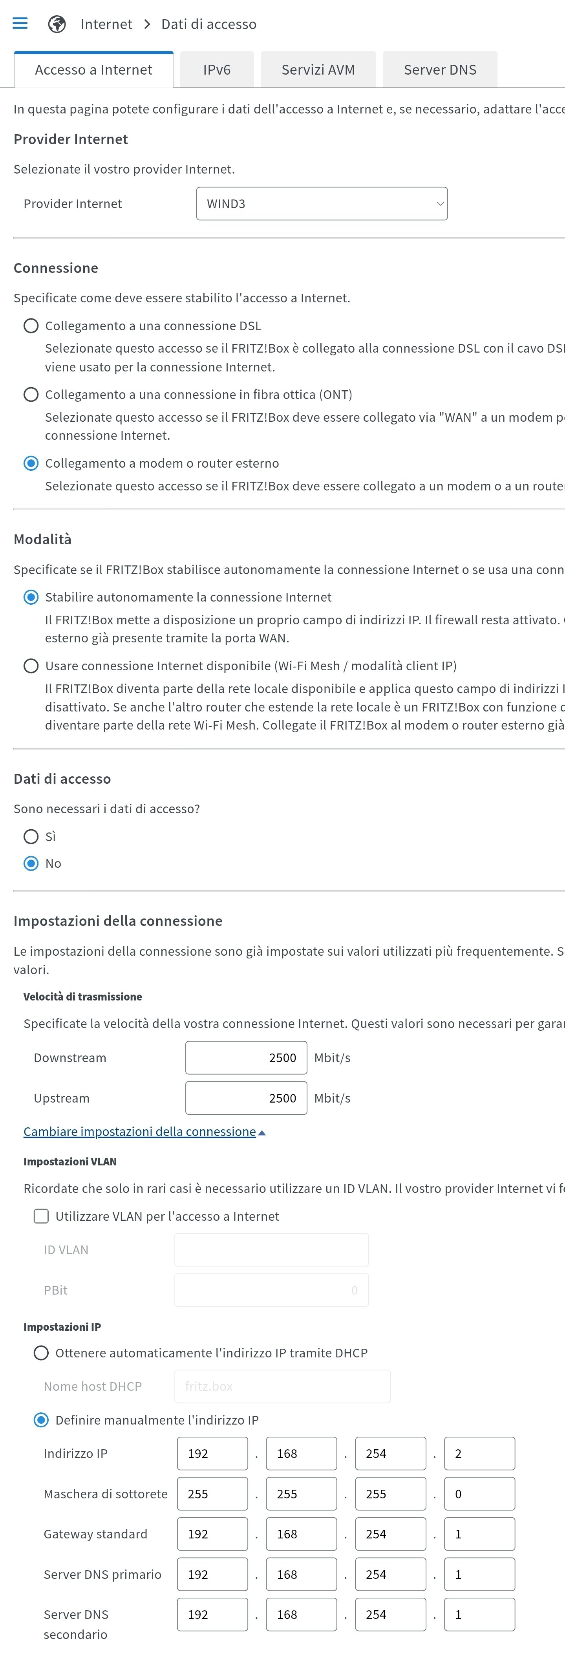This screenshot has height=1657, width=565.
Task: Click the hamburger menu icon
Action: tap(20, 24)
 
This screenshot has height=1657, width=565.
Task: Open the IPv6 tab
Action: tap(216, 69)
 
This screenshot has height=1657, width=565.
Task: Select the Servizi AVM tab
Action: tap(318, 69)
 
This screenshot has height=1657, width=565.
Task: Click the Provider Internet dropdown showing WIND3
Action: tap(322, 204)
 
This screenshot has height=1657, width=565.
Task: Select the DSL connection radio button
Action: tap(31, 326)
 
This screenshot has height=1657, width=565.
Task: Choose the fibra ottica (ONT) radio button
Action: tap(31, 394)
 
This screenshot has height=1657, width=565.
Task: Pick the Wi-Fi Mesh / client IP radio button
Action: tap(31, 666)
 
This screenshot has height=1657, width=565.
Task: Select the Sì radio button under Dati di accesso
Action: tap(31, 836)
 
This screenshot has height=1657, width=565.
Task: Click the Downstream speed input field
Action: tap(246, 1057)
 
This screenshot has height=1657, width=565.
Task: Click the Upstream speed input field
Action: tap(246, 1098)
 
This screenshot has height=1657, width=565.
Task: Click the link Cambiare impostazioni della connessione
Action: tap(140, 1132)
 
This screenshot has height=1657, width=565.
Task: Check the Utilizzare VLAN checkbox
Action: tap(41, 1216)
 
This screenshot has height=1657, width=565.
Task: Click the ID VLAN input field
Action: tap(271, 1250)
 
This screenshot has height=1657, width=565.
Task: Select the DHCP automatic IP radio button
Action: tap(41, 1353)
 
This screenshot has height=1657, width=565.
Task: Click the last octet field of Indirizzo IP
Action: tap(479, 1453)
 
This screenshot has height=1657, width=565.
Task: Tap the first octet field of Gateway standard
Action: tap(212, 1534)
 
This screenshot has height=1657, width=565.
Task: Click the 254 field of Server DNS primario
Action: tap(391, 1574)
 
